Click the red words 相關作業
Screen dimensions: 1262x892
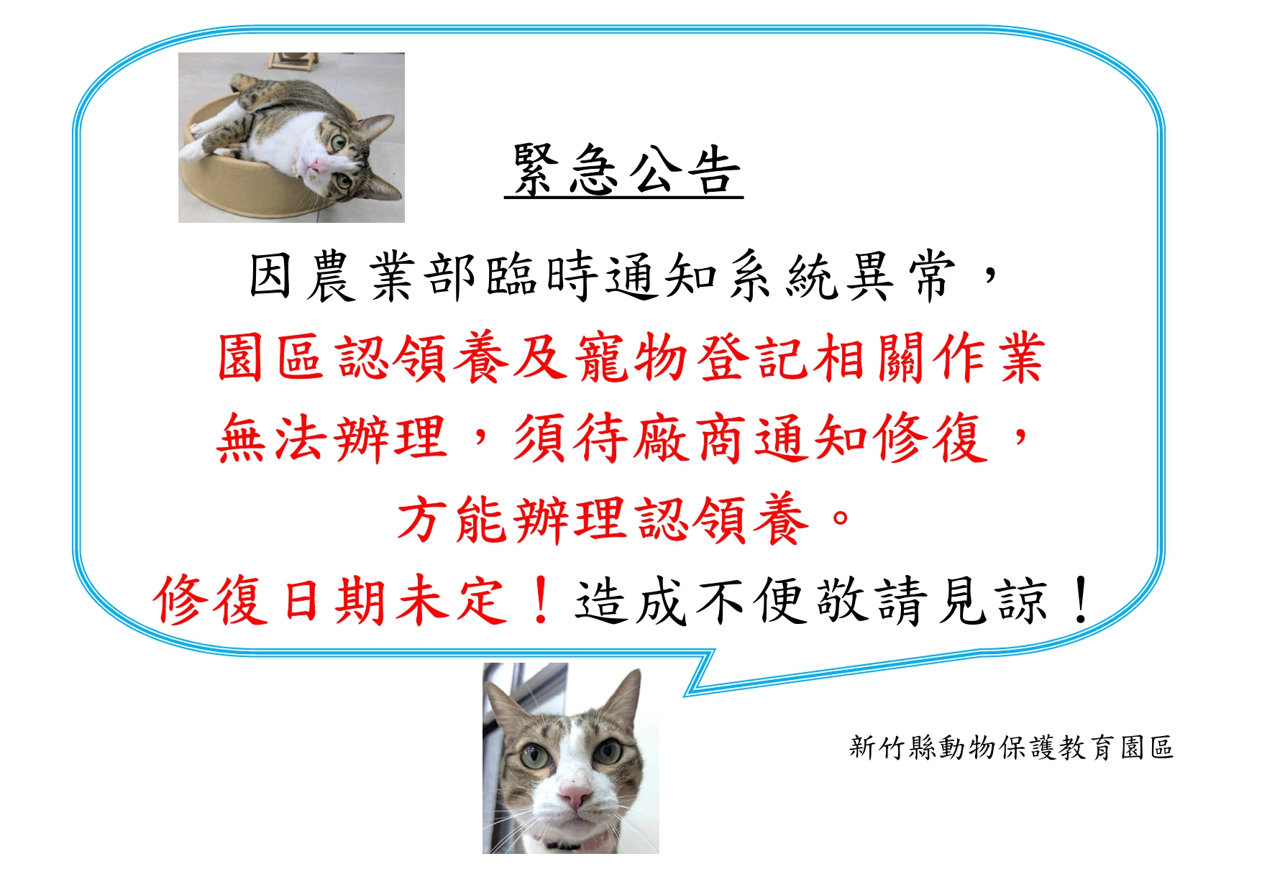pos(928,357)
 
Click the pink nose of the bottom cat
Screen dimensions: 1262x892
pos(575,795)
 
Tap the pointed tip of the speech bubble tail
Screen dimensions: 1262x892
pos(685,695)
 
